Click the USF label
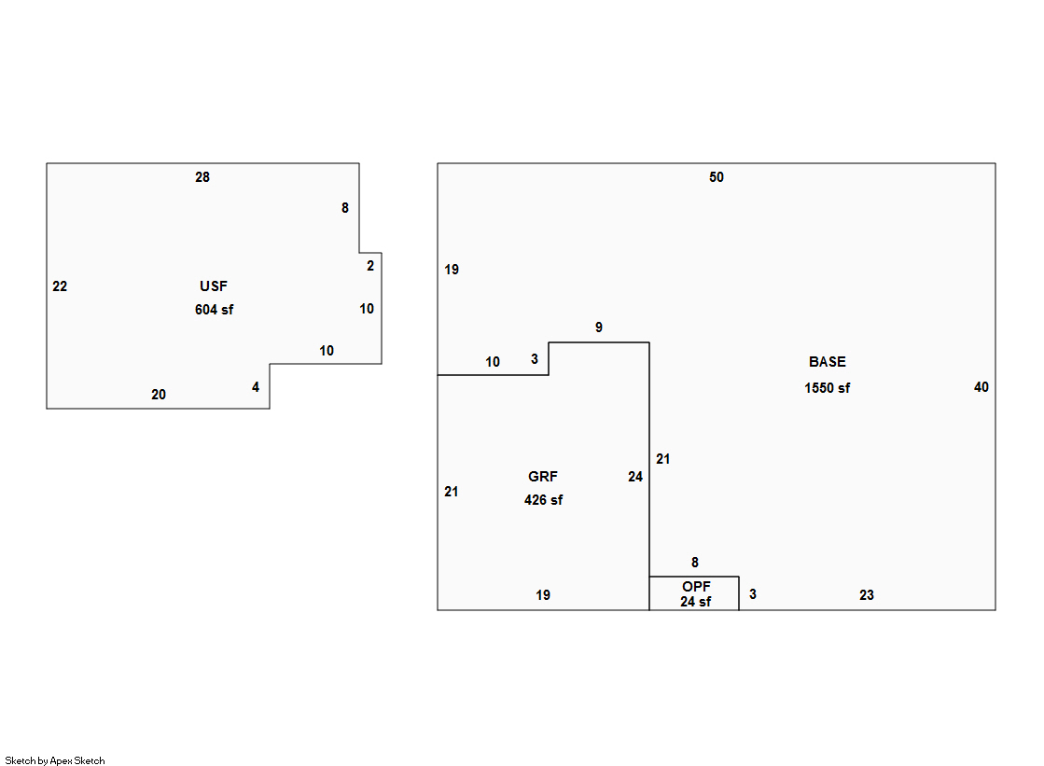tap(213, 286)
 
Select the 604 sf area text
tap(214, 310)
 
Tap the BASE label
tap(827, 362)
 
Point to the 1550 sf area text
tap(827, 388)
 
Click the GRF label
tap(542, 477)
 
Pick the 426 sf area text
tap(543, 500)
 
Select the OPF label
tap(696, 586)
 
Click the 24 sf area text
tap(695, 602)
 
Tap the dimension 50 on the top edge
tap(716, 177)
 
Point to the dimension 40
tap(981, 387)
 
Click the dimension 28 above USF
tap(202, 177)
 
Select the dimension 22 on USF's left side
tap(60, 286)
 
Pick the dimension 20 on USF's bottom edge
tap(159, 395)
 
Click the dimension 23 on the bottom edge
tap(866, 595)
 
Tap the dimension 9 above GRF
tap(599, 327)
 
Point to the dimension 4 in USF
tap(256, 387)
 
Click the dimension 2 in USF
tap(370, 266)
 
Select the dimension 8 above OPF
tap(695, 563)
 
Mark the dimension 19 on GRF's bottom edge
tap(543, 595)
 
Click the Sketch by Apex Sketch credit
tap(55, 760)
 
